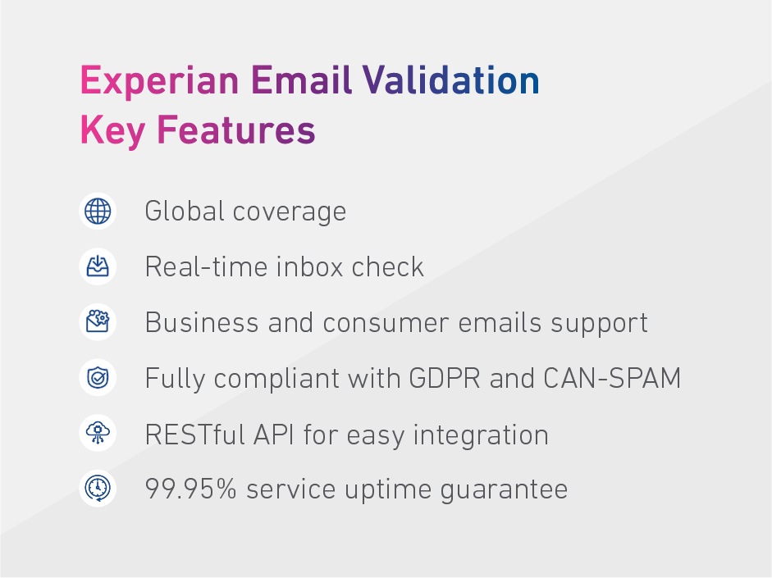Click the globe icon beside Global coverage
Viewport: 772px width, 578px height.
pyautogui.click(x=98, y=211)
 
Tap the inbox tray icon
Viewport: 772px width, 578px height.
pyautogui.click(x=98, y=266)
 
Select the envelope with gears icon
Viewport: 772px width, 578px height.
pyautogui.click(x=98, y=322)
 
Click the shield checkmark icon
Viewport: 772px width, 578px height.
pyautogui.click(x=98, y=378)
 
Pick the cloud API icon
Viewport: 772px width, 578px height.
pyautogui.click(x=98, y=434)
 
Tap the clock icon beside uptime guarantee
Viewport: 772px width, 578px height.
pyautogui.click(x=98, y=489)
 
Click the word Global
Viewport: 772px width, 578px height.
pyautogui.click(x=185, y=212)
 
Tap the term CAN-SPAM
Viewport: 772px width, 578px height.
pyautogui.click(x=612, y=379)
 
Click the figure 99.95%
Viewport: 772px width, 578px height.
pyautogui.click(x=191, y=490)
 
